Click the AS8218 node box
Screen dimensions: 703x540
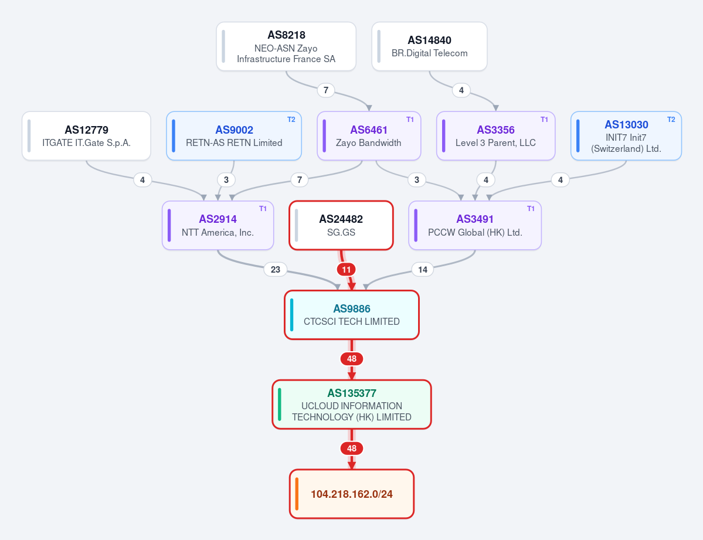[x=286, y=47]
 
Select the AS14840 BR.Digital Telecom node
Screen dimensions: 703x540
[x=430, y=47]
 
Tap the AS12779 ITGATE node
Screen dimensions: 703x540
[x=87, y=136]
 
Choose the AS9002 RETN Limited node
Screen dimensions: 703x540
[x=234, y=136]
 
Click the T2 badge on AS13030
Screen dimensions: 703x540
[x=671, y=119]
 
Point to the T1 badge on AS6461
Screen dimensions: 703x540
[x=410, y=119]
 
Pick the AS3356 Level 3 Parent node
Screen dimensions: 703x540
[x=496, y=136]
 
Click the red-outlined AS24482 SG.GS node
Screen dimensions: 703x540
[x=341, y=225]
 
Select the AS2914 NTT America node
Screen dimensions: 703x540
[x=218, y=225]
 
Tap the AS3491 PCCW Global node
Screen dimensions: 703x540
[x=475, y=225]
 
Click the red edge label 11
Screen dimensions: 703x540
[x=346, y=270]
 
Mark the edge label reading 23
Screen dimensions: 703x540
[x=276, y=270]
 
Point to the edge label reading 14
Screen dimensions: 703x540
[x=422, y=270]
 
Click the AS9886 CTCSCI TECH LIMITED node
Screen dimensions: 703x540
[x=352, y=315]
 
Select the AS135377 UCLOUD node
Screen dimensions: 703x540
[x=352, y=405]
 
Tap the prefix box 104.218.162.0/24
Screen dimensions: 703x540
[x=352, y=494]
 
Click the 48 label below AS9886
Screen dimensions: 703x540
[x=352, y=359]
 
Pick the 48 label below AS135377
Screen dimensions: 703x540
[x=352, y=449]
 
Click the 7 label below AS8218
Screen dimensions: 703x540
[x=326, y=90]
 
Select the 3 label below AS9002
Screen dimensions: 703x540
[x=226, y=180]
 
